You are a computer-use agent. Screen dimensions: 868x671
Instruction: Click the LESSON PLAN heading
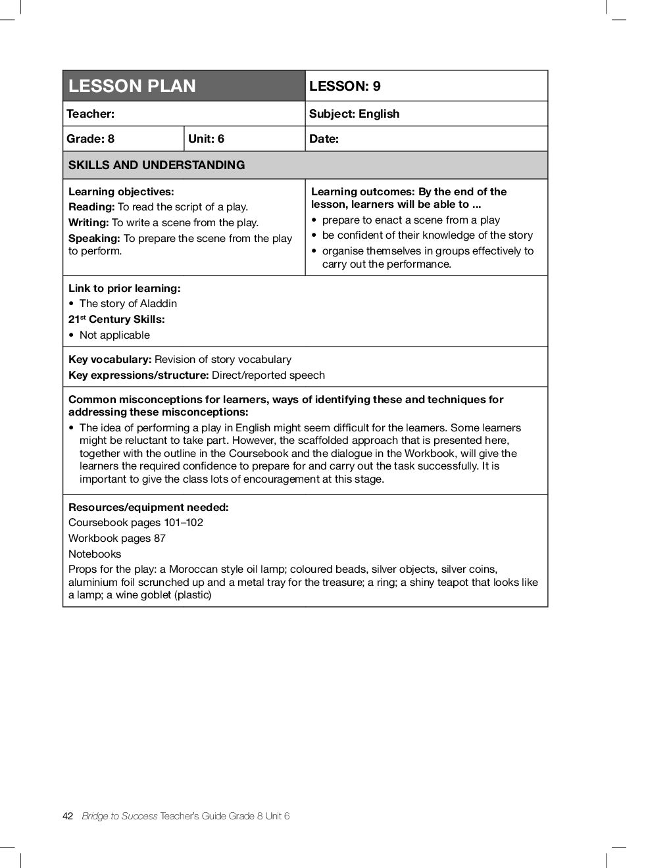coord(132,86)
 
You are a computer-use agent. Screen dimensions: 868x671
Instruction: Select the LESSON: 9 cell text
coord(345,86)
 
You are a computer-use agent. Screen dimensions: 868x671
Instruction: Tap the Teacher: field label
coord(91,114)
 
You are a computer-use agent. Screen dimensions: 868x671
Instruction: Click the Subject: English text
coord(354,114)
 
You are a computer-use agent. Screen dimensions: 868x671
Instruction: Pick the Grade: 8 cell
coord(91,139)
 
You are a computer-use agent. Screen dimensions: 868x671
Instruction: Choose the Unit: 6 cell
coord(206,139)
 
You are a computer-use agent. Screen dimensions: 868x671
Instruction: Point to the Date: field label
coord(324,139)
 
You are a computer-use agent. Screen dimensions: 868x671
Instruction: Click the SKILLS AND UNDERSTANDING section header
coord(157,165)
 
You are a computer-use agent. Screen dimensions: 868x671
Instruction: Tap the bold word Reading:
coord(91,207)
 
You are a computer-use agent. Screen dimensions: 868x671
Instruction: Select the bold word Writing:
coord(89,223)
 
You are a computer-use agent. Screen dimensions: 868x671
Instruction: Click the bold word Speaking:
coord(94,239)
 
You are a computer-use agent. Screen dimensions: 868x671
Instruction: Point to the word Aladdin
coord(159,304)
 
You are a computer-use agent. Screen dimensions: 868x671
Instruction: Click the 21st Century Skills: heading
coord(116,320)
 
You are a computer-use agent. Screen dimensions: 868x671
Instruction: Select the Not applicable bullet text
coord(114,335)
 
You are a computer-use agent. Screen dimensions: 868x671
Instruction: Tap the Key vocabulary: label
coord(110,360)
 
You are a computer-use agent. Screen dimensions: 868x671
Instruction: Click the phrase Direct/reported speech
coord(268,375)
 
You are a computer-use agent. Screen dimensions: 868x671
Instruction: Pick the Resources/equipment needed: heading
coord(149,508)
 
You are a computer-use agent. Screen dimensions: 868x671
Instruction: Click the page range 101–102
coord(184,523)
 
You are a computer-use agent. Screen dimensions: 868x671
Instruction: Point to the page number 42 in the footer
coord(68,816)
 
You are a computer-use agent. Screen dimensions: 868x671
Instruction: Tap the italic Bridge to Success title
coord(120,816)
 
